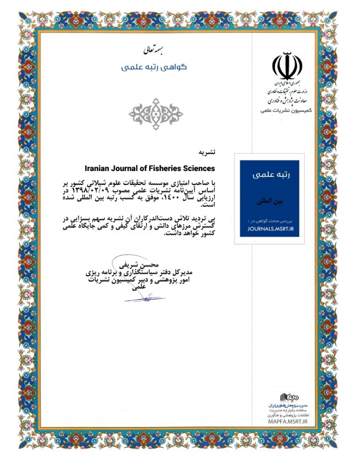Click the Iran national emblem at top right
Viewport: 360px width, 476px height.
pos(287,66)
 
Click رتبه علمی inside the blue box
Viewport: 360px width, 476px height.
pos(270,175)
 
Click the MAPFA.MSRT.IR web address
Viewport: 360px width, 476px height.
pos(287,420)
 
